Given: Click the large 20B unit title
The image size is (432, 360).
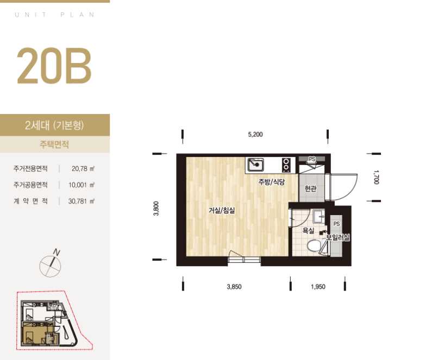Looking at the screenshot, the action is pos(54,66).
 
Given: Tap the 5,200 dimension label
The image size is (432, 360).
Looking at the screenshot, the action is pos(255,135).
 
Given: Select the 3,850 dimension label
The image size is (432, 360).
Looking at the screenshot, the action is pos(234,287).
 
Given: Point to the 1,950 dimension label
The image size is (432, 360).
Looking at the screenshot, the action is pos(318,287).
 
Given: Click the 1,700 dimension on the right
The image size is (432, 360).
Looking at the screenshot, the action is pos(377,177).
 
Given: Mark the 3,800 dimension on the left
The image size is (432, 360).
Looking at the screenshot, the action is pos(156,209).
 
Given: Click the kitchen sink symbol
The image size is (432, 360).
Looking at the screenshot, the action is pos(255,165).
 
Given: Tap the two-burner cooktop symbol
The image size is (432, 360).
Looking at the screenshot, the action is pos(286,165).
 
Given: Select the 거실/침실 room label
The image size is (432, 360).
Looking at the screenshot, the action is pos(222,211).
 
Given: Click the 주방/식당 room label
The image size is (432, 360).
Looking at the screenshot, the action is pos(271,182).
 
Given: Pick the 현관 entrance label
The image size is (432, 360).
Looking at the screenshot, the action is pos(310,188).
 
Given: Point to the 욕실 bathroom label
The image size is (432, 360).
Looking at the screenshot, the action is pos(308,231).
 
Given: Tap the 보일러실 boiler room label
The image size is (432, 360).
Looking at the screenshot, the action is pos(338,237).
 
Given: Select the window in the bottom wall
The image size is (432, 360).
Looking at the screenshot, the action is pos(244,260).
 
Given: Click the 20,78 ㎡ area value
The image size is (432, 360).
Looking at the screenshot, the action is pos(83,168).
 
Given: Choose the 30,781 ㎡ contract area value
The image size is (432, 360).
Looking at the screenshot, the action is pos(82,201).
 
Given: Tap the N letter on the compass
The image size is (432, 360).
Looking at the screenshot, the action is pos(57,252).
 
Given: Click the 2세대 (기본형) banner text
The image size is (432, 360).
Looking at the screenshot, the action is pos(54,125).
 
